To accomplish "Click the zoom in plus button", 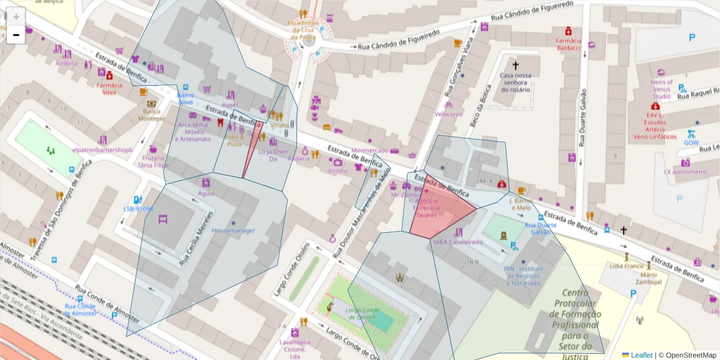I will coord(16,17).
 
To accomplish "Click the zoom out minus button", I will coord(16,35).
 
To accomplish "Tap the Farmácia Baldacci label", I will coord(568,44).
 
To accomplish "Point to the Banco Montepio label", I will coord(151,115).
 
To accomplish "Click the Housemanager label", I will coord(233,230).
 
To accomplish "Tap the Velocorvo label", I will coord(449,113).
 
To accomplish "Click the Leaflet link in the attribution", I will coord(641,355).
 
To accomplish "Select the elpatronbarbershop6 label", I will coord(102,149).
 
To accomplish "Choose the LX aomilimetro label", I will coord(685,172).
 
